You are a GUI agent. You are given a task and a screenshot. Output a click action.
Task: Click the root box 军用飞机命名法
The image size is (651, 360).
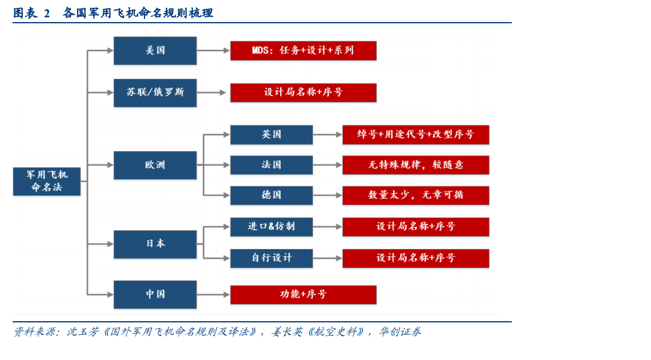pyautogui.click(x=47, y=181)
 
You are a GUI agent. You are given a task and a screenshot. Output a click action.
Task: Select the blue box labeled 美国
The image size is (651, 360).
pyautogui.click(x=155, y=51)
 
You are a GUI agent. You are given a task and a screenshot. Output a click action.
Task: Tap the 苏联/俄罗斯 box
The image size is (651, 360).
pyautogui.click(x=155, y=93)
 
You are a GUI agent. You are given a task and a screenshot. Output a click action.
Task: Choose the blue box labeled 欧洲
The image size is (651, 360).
pyautogui.click(x=155, y=165)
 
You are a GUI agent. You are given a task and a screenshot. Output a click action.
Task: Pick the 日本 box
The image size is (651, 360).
pyautogui.click(x=155, y=244)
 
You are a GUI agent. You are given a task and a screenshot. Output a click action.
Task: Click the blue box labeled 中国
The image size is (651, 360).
pyautogui.click(x=155, y=294)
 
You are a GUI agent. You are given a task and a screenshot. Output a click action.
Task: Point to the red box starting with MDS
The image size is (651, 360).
pyautogui.click(x=303, y=51)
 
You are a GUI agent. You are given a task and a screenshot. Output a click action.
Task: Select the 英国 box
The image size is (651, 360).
pyautogui.click(x=271, y=134)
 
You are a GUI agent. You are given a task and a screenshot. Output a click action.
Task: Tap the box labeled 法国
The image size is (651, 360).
pyautogui.click(x=271, y=165)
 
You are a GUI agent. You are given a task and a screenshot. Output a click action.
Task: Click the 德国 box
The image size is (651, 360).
pyautogui.click(x=271, y=195)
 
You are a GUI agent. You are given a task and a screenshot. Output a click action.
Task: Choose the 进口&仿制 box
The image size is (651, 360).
pyautogui.click(x=271, y=227)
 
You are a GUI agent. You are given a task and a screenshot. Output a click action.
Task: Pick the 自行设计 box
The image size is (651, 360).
pyautogui.click(x=271, y=258)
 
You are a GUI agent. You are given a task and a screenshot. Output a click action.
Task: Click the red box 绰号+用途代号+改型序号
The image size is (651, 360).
pyautogui.click(x=416, y=134)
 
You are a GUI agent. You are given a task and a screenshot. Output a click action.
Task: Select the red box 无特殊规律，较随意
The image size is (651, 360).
pyautogui.click(x=416, y=165)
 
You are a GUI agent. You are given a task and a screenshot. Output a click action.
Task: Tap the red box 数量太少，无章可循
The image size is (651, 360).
pyautogui.click(x=416, y=195)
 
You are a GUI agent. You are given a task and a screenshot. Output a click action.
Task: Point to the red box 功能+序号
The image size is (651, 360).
pyautogui.click(x=303, y=294)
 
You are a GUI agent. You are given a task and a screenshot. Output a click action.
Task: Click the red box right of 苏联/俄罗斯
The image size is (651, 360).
pyautogui.click(x=303, y=93)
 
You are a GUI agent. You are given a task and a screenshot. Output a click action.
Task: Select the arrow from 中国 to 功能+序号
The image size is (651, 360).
pyautogui.click(x=213, y=295)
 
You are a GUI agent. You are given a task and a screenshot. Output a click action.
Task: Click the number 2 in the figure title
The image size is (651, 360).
pyautogui.click(x=47, y=14)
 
